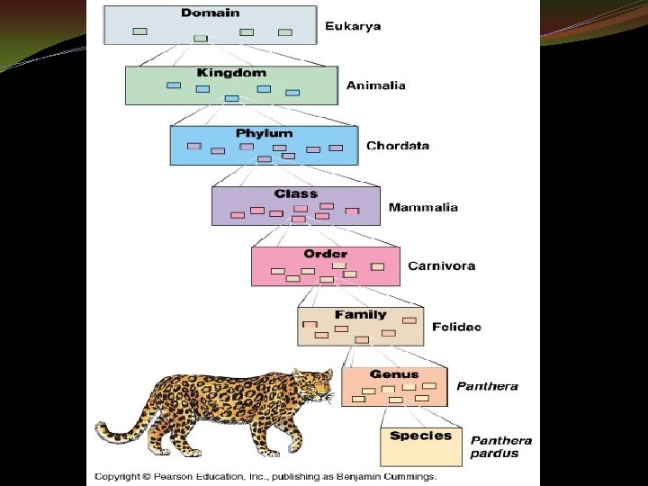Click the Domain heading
coord(211,13)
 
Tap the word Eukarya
coord(352,26)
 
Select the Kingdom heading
coord(231,72)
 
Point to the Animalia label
coord(376,85)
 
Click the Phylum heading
coord(264,133)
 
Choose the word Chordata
coord(398,146)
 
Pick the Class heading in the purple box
coord(296,193)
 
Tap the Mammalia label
coord(423,207)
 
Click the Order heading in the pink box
coord(325,254)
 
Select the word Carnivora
coord(441,266)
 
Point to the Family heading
coord(360,315)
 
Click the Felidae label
coord(456,327)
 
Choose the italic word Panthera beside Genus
coord(487,387)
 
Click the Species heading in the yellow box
coord(420,436)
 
